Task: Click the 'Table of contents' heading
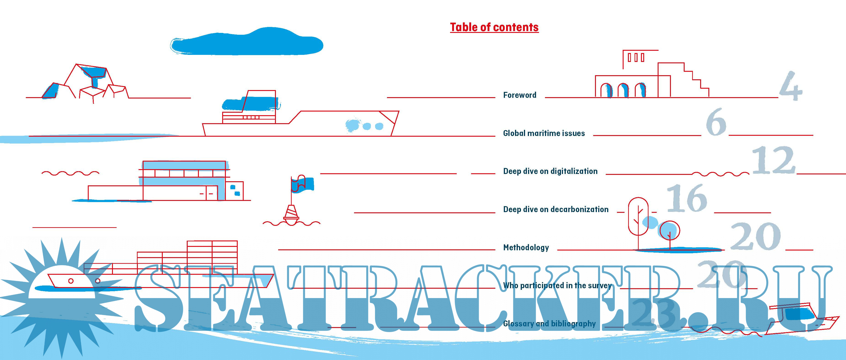(x=494, y=27)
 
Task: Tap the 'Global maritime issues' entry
(x=544, y=133)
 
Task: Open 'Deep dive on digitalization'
(x=550, y=171)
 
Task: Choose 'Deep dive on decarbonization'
(x=556, y=209)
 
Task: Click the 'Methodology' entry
(x=526, y=247)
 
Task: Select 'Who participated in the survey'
(x=557, y=285)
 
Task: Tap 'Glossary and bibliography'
(x=549, y=323)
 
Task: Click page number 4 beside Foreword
(x=790, y=86)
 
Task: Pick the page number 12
(x=773, y=161)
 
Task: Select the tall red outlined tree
(x=638, y=217)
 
